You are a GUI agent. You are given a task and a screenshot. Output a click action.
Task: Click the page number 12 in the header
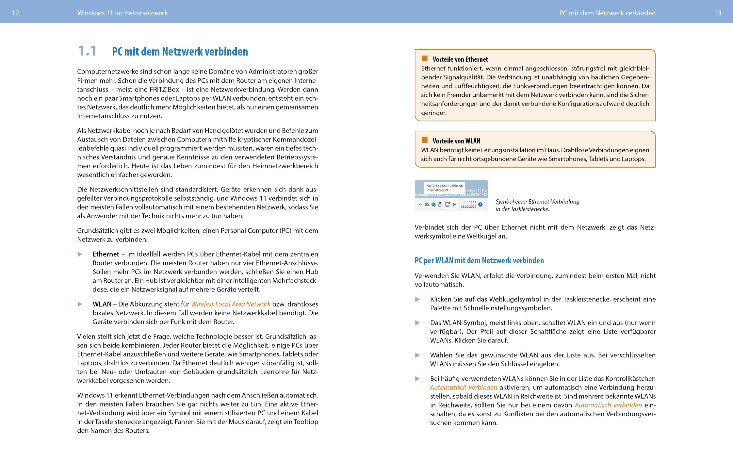(15, 13)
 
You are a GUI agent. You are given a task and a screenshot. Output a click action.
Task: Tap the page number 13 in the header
(717, 13)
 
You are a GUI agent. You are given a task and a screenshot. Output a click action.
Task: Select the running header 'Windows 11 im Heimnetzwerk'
(122, 13)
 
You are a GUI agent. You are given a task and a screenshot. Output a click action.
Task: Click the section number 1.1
(87, 51)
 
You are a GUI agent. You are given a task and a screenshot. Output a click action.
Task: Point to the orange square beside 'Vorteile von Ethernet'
(425, 58)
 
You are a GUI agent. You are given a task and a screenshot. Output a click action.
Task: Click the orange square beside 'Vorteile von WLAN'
(425, 140)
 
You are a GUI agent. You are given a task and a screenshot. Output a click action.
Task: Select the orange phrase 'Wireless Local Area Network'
(231, 304)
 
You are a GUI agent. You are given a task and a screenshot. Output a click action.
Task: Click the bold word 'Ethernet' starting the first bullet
(106, 254)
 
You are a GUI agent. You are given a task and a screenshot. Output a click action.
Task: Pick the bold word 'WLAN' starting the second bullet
(102, 304)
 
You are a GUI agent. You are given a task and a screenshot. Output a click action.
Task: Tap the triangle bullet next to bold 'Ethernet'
(80, 254)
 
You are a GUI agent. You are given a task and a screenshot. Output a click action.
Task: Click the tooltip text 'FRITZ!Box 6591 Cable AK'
(444, 186)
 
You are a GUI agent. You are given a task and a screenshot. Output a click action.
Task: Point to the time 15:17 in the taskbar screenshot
(472, 202)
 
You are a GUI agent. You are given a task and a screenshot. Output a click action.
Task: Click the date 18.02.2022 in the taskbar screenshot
(468, 207)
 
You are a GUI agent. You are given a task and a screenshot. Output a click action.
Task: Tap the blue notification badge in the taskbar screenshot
(480, 205)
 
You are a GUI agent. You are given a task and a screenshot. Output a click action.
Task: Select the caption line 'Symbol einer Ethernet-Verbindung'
(537, 202)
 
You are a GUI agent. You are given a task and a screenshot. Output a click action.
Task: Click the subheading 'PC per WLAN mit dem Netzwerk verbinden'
(479, 260)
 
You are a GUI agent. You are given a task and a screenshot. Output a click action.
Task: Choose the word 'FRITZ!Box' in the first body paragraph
(164, 90)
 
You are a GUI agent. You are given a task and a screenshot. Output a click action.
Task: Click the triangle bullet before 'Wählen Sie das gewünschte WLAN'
(417, 355)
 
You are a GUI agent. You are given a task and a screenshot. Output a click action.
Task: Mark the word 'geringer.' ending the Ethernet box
(433, 113)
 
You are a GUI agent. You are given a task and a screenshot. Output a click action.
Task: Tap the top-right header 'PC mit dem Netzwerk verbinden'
(607, 13)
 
